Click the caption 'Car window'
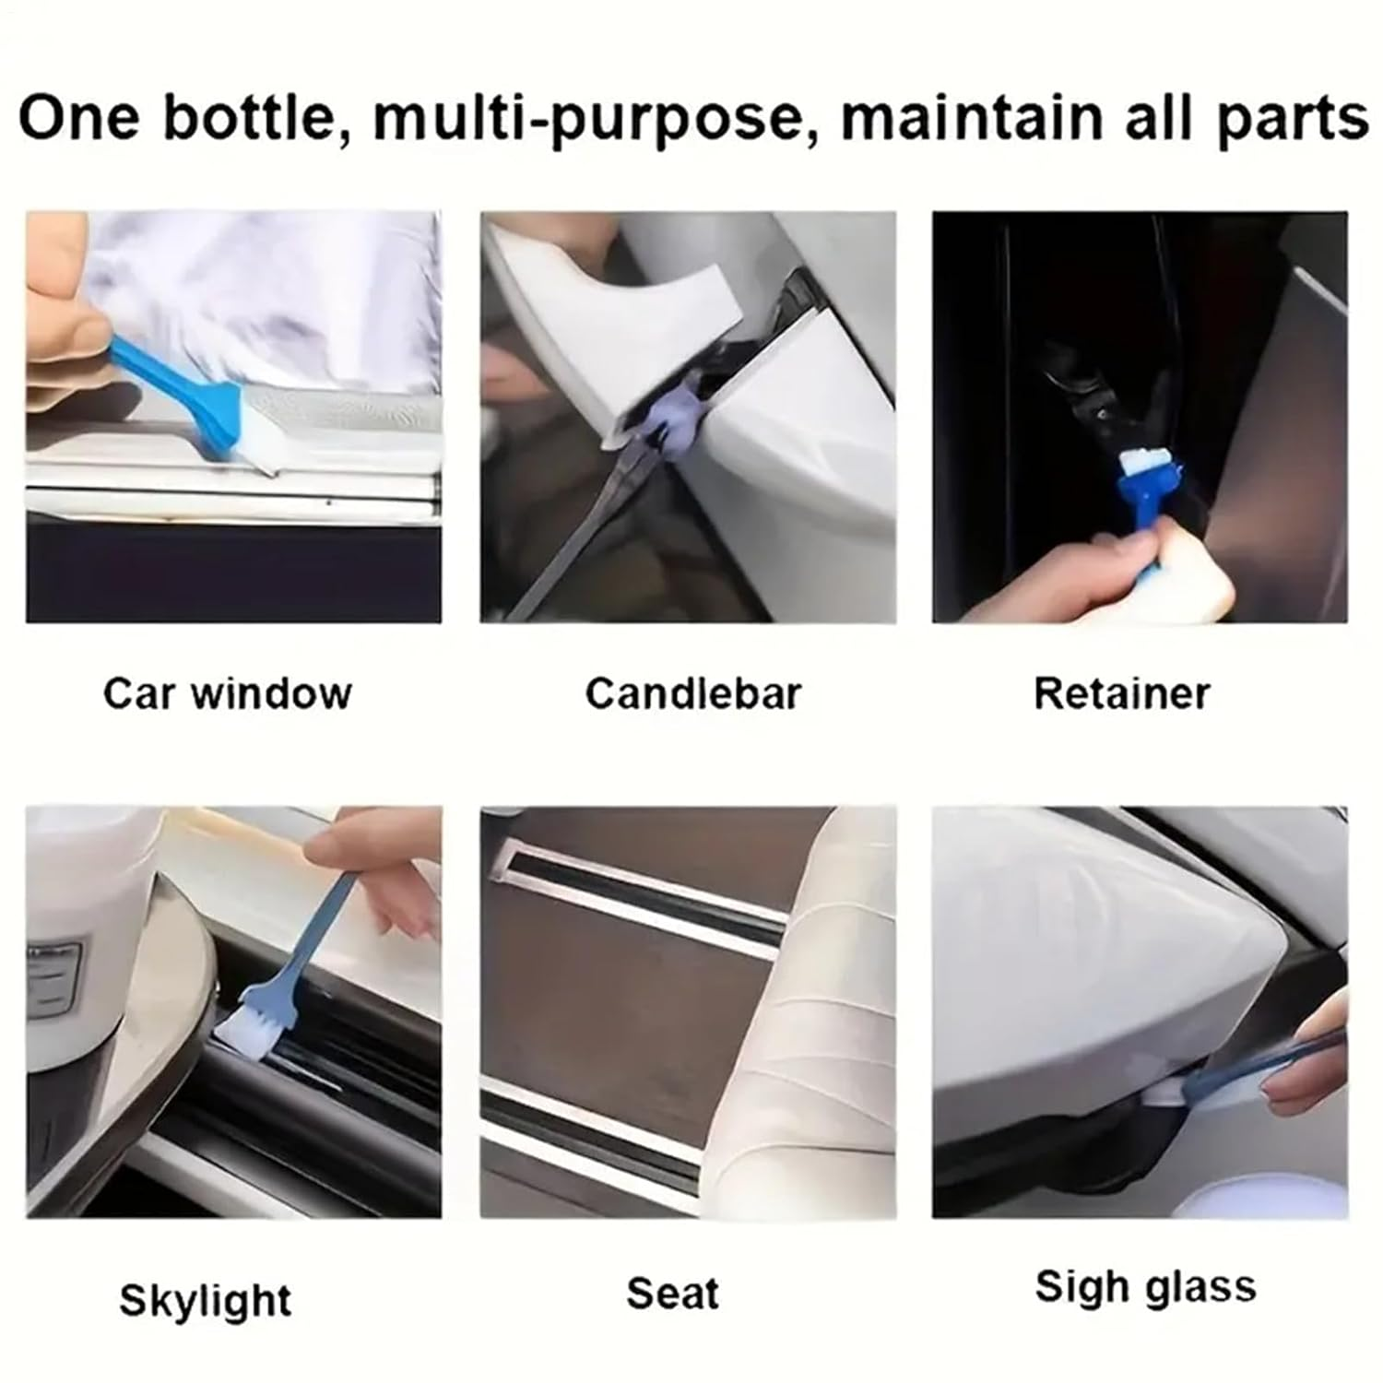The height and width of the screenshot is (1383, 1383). [x=227, y=693]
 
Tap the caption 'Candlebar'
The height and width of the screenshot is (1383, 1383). [x=692, y=693]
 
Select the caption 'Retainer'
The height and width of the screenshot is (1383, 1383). [x=1121, y=693]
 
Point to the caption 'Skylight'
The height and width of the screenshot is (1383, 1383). [x=205, y=1300]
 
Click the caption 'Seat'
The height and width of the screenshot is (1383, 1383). [x=672, y=1293]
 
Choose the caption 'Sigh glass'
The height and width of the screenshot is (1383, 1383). [x=1145, y=1287]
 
